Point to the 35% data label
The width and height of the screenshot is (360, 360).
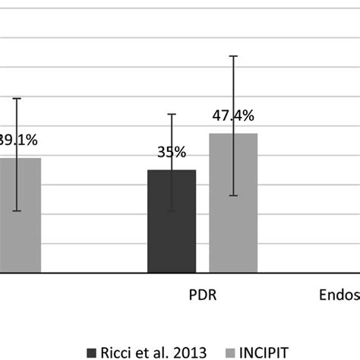click(x=172, y=152)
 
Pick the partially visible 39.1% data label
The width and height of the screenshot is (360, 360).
click(x=18, y=140)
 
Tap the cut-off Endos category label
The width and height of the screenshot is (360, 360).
click(x=338, y=295)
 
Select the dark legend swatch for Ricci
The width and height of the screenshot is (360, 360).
click(x=93, y=352)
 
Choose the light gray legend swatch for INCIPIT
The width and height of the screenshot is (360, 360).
click(x=230, y=352)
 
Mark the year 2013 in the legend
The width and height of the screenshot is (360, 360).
click(x=189, y=352)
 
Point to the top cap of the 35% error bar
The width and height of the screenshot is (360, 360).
click(x=172, y=114)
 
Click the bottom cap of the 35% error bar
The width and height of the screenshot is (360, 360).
click(x=172, y=211)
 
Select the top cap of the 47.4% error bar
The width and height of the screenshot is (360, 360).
click(x=233, y=56)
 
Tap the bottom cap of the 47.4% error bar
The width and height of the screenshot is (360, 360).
click(x=233, y=196)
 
